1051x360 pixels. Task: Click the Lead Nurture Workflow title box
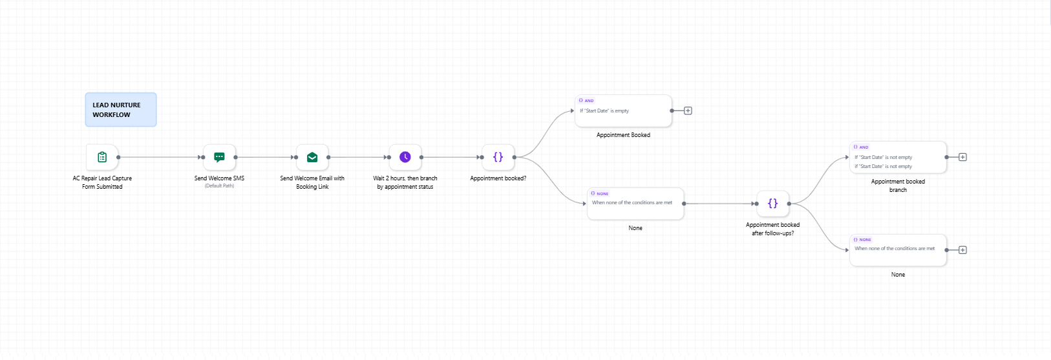(120, 110)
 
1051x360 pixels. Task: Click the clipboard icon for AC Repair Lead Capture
(102, 157)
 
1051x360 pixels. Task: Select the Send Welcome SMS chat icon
(219, 157)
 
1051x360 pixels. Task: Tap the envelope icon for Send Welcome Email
(312, 157)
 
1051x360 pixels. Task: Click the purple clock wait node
(405, 157)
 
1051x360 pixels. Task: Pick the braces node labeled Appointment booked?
(498, 157)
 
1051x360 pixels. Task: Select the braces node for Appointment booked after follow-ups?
(772, 204)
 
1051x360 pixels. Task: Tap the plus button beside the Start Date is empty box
(688, 111)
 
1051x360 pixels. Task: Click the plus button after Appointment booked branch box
(962, 157)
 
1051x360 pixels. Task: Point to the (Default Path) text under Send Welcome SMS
(219, 186)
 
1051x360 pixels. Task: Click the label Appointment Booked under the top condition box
(623, 135)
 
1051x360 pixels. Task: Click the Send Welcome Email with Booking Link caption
(312, 182)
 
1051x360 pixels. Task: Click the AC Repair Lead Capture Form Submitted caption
(102, 182)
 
